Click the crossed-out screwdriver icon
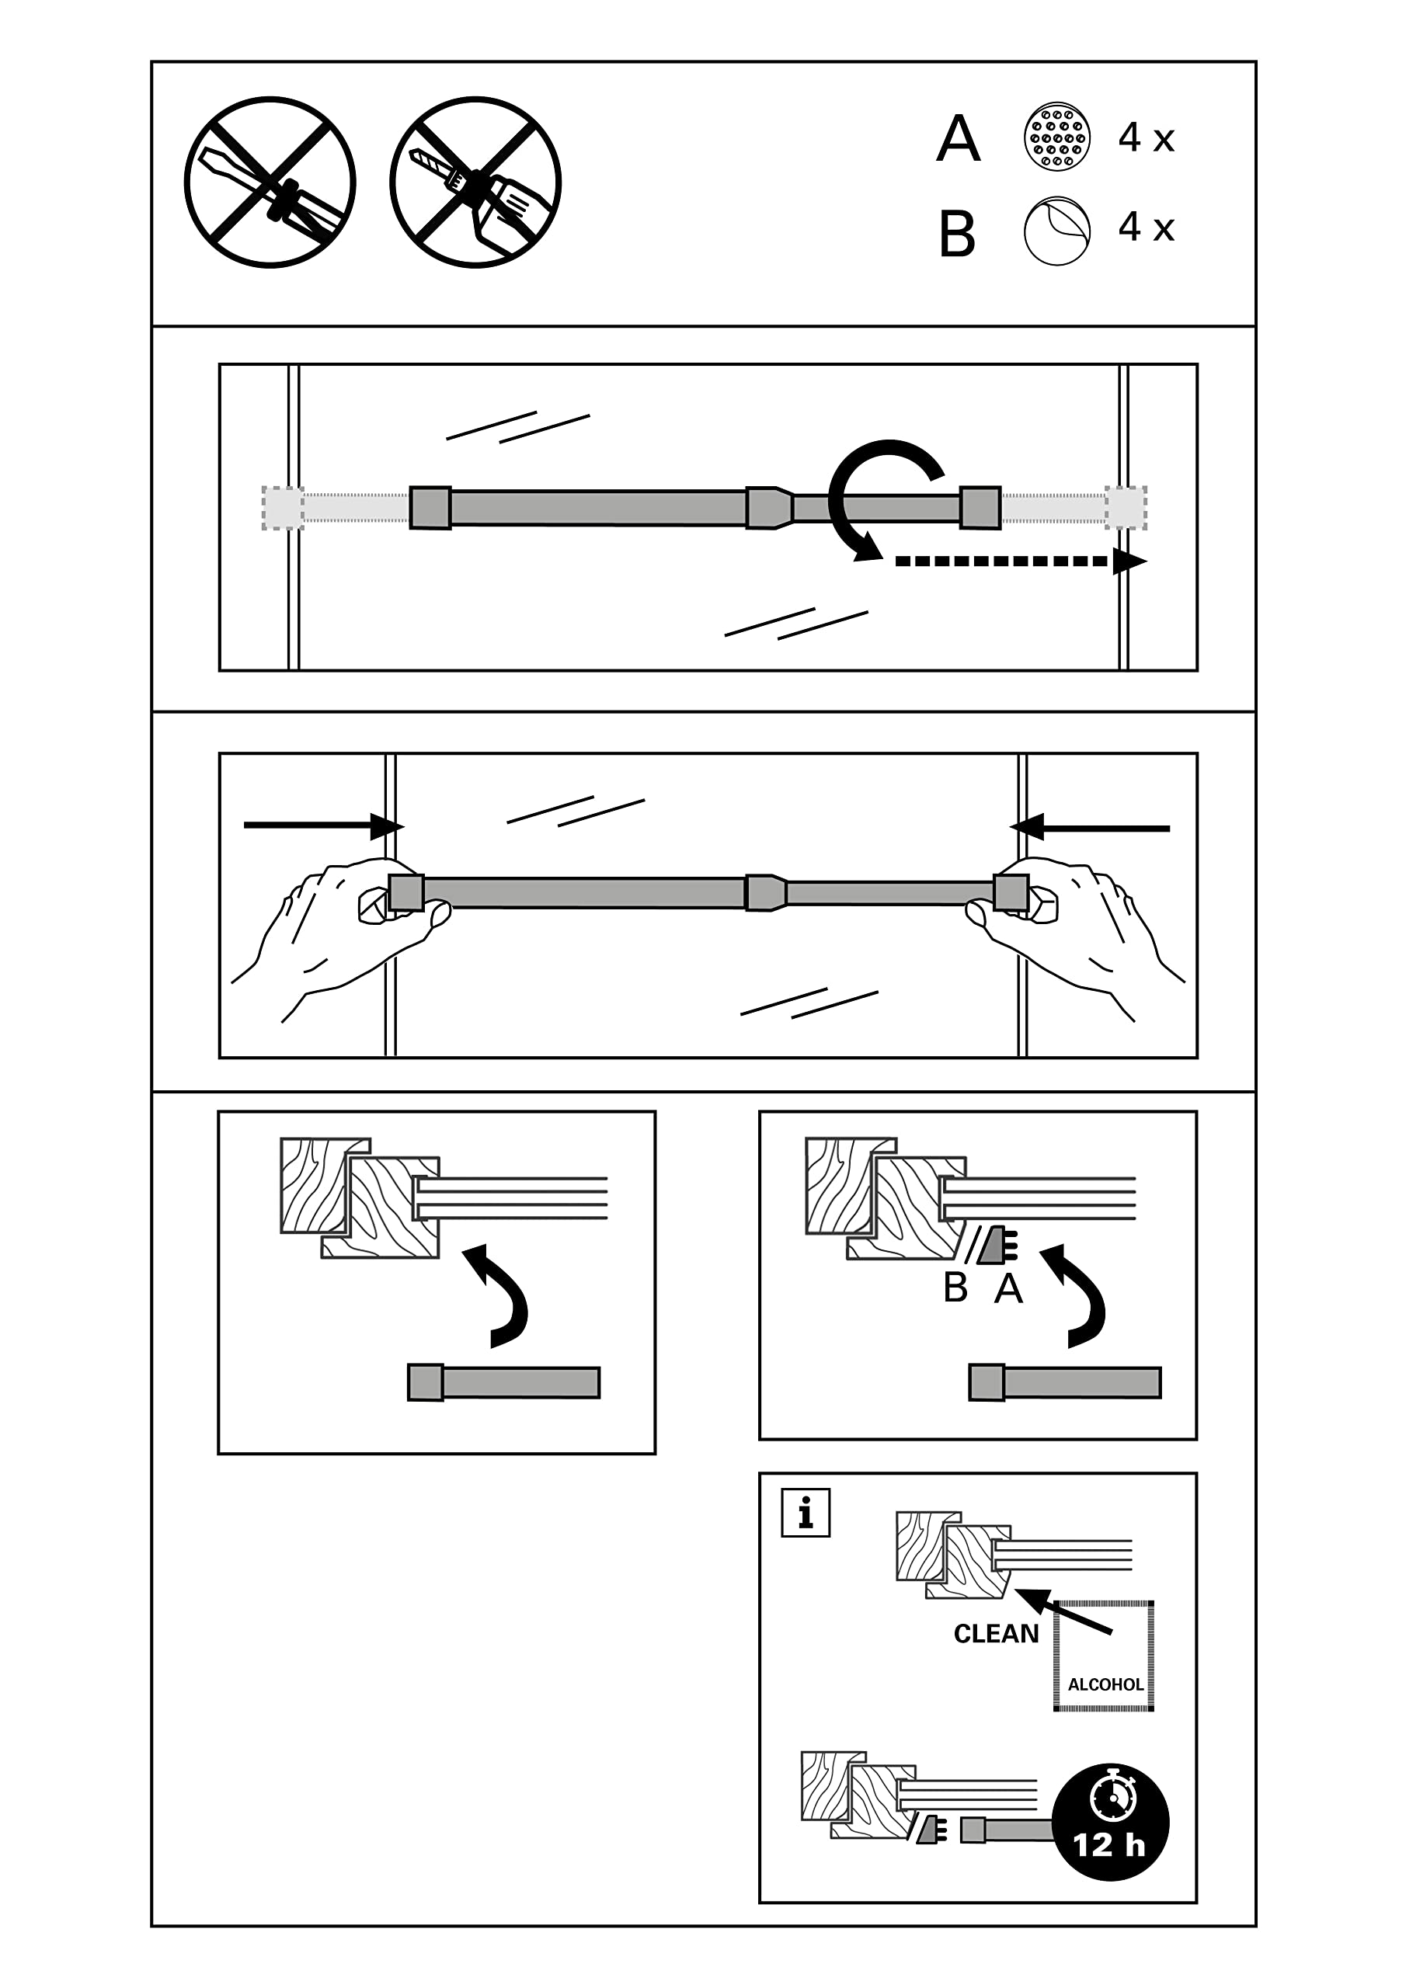tap(270, 182)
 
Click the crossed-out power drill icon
tap(475, 182)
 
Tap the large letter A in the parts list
tap(958, 138)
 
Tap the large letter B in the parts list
tap(957, 234)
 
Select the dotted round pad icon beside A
tap(1057, 137)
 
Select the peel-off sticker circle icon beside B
tap(1057, 231)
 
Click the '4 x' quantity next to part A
tap(1146, 137)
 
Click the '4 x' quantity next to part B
tap(1146, 227)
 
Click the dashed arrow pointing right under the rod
tap(1021, 561)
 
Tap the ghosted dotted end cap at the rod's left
tap(283, 507)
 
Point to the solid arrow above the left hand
tap(324, 826)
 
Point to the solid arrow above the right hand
tap(1090, 828)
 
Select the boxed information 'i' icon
tap(806, 1513)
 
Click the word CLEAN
tap(997, 1634)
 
